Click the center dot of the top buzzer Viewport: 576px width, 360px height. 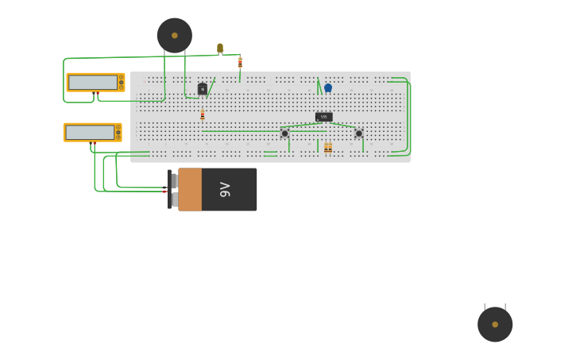(175, 35)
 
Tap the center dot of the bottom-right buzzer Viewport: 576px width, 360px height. (495, 324)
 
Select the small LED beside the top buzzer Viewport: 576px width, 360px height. (220, 48)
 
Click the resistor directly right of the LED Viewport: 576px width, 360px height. (240, 62)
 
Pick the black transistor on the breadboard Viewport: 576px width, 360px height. (203, 89)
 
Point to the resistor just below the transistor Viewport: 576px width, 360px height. (203, 115)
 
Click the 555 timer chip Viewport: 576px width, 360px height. (323, 117)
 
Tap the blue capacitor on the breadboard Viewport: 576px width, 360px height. (328, 88)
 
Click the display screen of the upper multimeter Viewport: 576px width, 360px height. (92, 82)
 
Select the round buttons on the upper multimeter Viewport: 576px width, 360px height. (122, 82)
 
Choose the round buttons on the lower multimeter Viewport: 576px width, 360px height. (119, 132)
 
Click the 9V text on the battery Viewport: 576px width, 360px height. (226, 189)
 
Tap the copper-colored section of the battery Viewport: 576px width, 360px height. (190, 189)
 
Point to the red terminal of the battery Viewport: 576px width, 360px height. (164, 192)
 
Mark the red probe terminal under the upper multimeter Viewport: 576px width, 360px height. (97, 94)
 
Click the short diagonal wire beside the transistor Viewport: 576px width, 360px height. (211, 85)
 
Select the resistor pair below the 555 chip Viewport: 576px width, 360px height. (328, 148)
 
